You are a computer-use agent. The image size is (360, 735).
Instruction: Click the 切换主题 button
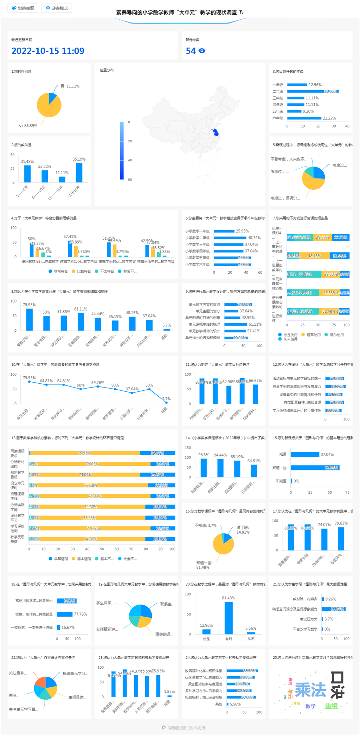(23, 8)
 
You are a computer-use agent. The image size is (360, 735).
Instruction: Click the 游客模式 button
(57, 8)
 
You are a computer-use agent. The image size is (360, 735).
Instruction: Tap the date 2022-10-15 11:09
(48, 51)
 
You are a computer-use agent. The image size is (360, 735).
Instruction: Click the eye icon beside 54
(202, 51)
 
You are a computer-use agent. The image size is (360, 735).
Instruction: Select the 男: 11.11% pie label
(70, 86)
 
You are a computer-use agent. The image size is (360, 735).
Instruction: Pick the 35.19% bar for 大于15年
(79, 173)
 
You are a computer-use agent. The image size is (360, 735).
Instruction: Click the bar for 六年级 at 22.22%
(304, 118)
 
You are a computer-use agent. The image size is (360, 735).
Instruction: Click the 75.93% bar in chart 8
(30, 319)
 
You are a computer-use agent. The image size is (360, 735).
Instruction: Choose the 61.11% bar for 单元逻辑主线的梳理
(236, 324)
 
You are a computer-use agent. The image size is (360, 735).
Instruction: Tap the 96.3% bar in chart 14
(204, 468)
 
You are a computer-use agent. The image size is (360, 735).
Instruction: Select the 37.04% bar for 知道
(305, 454)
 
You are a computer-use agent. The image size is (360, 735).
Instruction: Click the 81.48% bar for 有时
(229, 618)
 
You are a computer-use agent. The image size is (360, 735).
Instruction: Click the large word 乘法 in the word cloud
(310, 690)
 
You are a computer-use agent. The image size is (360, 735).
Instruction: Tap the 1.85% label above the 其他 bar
(169, 691)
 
